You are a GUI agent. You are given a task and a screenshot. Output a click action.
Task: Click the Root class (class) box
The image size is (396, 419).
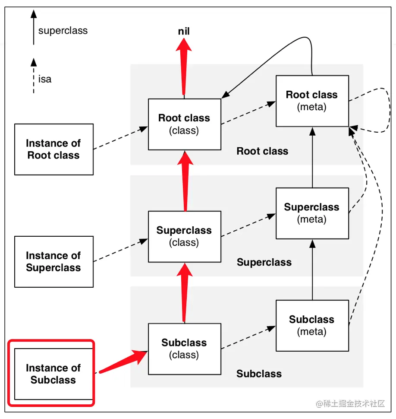tap(184, 124)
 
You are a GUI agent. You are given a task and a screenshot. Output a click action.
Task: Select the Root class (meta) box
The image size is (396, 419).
tap(312, 101)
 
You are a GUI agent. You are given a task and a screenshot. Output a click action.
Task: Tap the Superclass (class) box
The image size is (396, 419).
tap(184, 236)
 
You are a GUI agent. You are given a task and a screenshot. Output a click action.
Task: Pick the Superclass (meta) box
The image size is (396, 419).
tap(312, 213)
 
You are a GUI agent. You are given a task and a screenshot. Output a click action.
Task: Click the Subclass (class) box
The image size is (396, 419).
tap(184, 349)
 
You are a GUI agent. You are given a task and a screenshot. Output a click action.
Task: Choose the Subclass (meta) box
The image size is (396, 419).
tap(312, 325)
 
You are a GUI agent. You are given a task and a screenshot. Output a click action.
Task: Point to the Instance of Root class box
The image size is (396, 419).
tap(53, 149)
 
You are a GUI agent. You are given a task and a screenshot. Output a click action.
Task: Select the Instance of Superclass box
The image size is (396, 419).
tap(53, 261)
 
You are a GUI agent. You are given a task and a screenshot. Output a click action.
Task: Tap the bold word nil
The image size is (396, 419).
tap(184, 31)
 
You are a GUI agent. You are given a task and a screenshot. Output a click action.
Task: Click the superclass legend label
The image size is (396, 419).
tap(63, 31)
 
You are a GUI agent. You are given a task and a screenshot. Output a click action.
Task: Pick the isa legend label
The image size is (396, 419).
tap(44, 79)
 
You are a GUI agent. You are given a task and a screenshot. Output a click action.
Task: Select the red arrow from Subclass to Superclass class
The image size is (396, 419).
tap(185, 294)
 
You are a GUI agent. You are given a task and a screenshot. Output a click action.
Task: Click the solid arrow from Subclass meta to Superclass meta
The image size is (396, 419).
tap(312, 270)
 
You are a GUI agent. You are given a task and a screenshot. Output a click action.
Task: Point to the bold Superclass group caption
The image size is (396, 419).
tap(264, 262)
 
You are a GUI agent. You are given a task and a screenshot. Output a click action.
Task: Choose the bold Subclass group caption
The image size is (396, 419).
tap(259, 374)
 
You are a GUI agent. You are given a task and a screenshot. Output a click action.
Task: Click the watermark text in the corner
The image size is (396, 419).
tap(350, 403)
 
